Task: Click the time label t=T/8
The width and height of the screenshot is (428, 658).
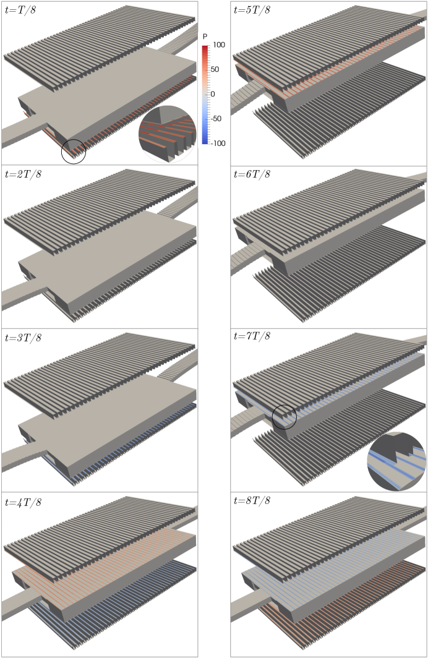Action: [20, 10]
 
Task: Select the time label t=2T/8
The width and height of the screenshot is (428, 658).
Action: [23, 174]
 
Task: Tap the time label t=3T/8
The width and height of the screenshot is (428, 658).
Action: [23, 338]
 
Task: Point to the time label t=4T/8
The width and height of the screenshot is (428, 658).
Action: [23, 502]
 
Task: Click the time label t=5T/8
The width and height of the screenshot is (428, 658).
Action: [252, 10]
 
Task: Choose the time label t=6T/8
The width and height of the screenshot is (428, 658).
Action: [252, 174]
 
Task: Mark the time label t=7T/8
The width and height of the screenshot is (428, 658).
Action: [252, 336]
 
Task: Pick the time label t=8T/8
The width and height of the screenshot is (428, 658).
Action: [252, 501]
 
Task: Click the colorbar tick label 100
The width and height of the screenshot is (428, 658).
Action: [218, 45]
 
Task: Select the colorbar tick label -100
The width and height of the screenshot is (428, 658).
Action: [218, 143]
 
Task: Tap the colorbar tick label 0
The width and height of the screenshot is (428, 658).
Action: [213, 94]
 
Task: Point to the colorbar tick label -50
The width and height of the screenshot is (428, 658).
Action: [216, 119]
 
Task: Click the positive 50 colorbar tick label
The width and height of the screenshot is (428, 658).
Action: [215, 69]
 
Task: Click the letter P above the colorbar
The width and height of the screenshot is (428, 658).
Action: [205, 37]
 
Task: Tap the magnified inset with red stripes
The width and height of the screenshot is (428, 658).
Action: [168, 134]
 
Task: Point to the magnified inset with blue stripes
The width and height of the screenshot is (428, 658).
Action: [396, 461]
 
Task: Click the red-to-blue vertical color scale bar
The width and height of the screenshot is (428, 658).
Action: [205, 95]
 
